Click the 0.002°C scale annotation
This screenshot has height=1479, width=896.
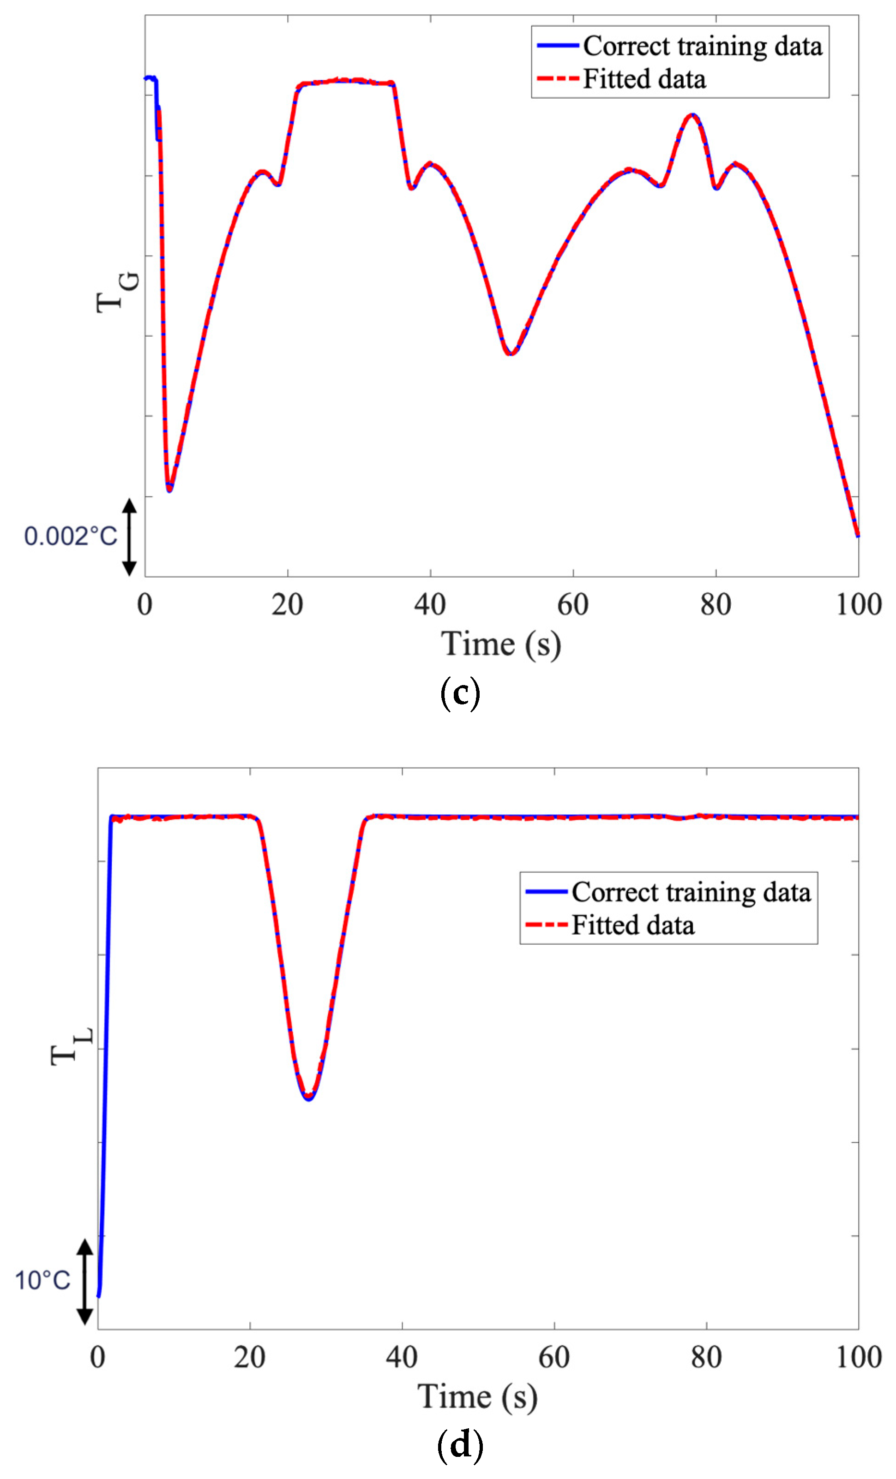pos(70,536)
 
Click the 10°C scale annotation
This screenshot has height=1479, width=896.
pos(42,1280)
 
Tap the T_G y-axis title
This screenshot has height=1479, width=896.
pos(117,292)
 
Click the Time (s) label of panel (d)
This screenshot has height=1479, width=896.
pos(477,1397)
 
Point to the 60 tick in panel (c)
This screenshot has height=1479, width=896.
pos(572,604)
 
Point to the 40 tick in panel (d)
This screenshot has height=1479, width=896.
pos(402,1357)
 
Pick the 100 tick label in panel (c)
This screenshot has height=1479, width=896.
pos(858,604)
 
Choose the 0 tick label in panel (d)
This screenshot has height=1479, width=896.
pos(98,1357)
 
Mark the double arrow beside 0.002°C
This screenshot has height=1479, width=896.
pos(129,536)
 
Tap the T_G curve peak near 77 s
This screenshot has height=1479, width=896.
pos(692,115)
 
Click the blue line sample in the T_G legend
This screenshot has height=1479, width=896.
pos(557,46)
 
